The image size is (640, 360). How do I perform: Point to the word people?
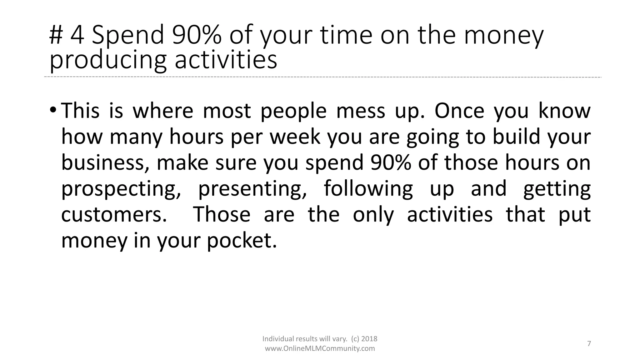293,111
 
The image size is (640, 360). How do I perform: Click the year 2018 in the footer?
369,339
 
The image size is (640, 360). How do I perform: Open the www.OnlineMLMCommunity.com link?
320,348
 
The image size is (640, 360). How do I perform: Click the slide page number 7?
589,344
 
